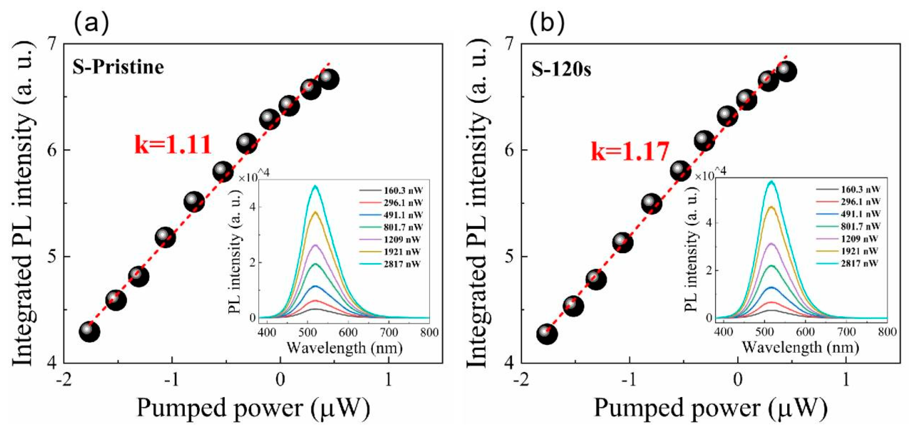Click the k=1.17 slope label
pos(630,152)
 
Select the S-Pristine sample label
pos(118,67)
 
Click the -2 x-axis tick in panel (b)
pos(520,381)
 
